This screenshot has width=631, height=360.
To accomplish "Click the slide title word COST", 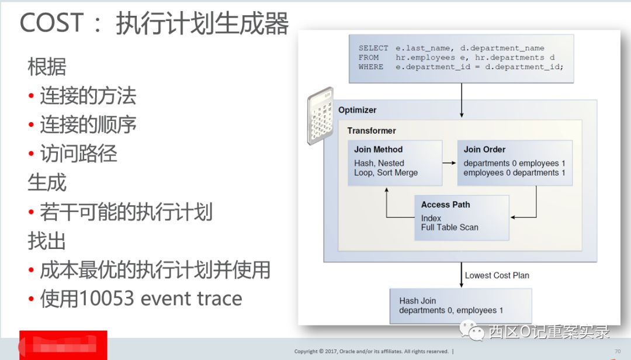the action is coord(52,24).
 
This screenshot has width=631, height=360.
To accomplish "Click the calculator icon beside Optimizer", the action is coord(320,115).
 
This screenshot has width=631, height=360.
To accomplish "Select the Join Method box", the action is coord(394,163).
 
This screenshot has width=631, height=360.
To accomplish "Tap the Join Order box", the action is coord(514,163).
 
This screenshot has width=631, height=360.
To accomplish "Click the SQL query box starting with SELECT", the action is coord(461,58).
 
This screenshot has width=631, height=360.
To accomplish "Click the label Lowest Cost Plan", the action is coord(497,275).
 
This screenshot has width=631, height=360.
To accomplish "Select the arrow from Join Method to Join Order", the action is coord(449,164).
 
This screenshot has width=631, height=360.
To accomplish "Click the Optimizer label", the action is coord(358,110).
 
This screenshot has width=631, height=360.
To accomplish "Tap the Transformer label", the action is coord(372,131).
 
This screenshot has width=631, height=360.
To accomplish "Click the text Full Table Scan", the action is coord(449,227).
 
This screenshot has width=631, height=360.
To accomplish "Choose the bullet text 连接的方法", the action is coord(88,95).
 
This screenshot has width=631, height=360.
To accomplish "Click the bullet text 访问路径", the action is coord(78,153).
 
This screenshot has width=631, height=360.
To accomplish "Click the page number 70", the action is coord(618,351).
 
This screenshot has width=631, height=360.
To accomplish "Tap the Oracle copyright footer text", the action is coord(372,351).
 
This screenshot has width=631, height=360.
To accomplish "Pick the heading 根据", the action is coord(47,67).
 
